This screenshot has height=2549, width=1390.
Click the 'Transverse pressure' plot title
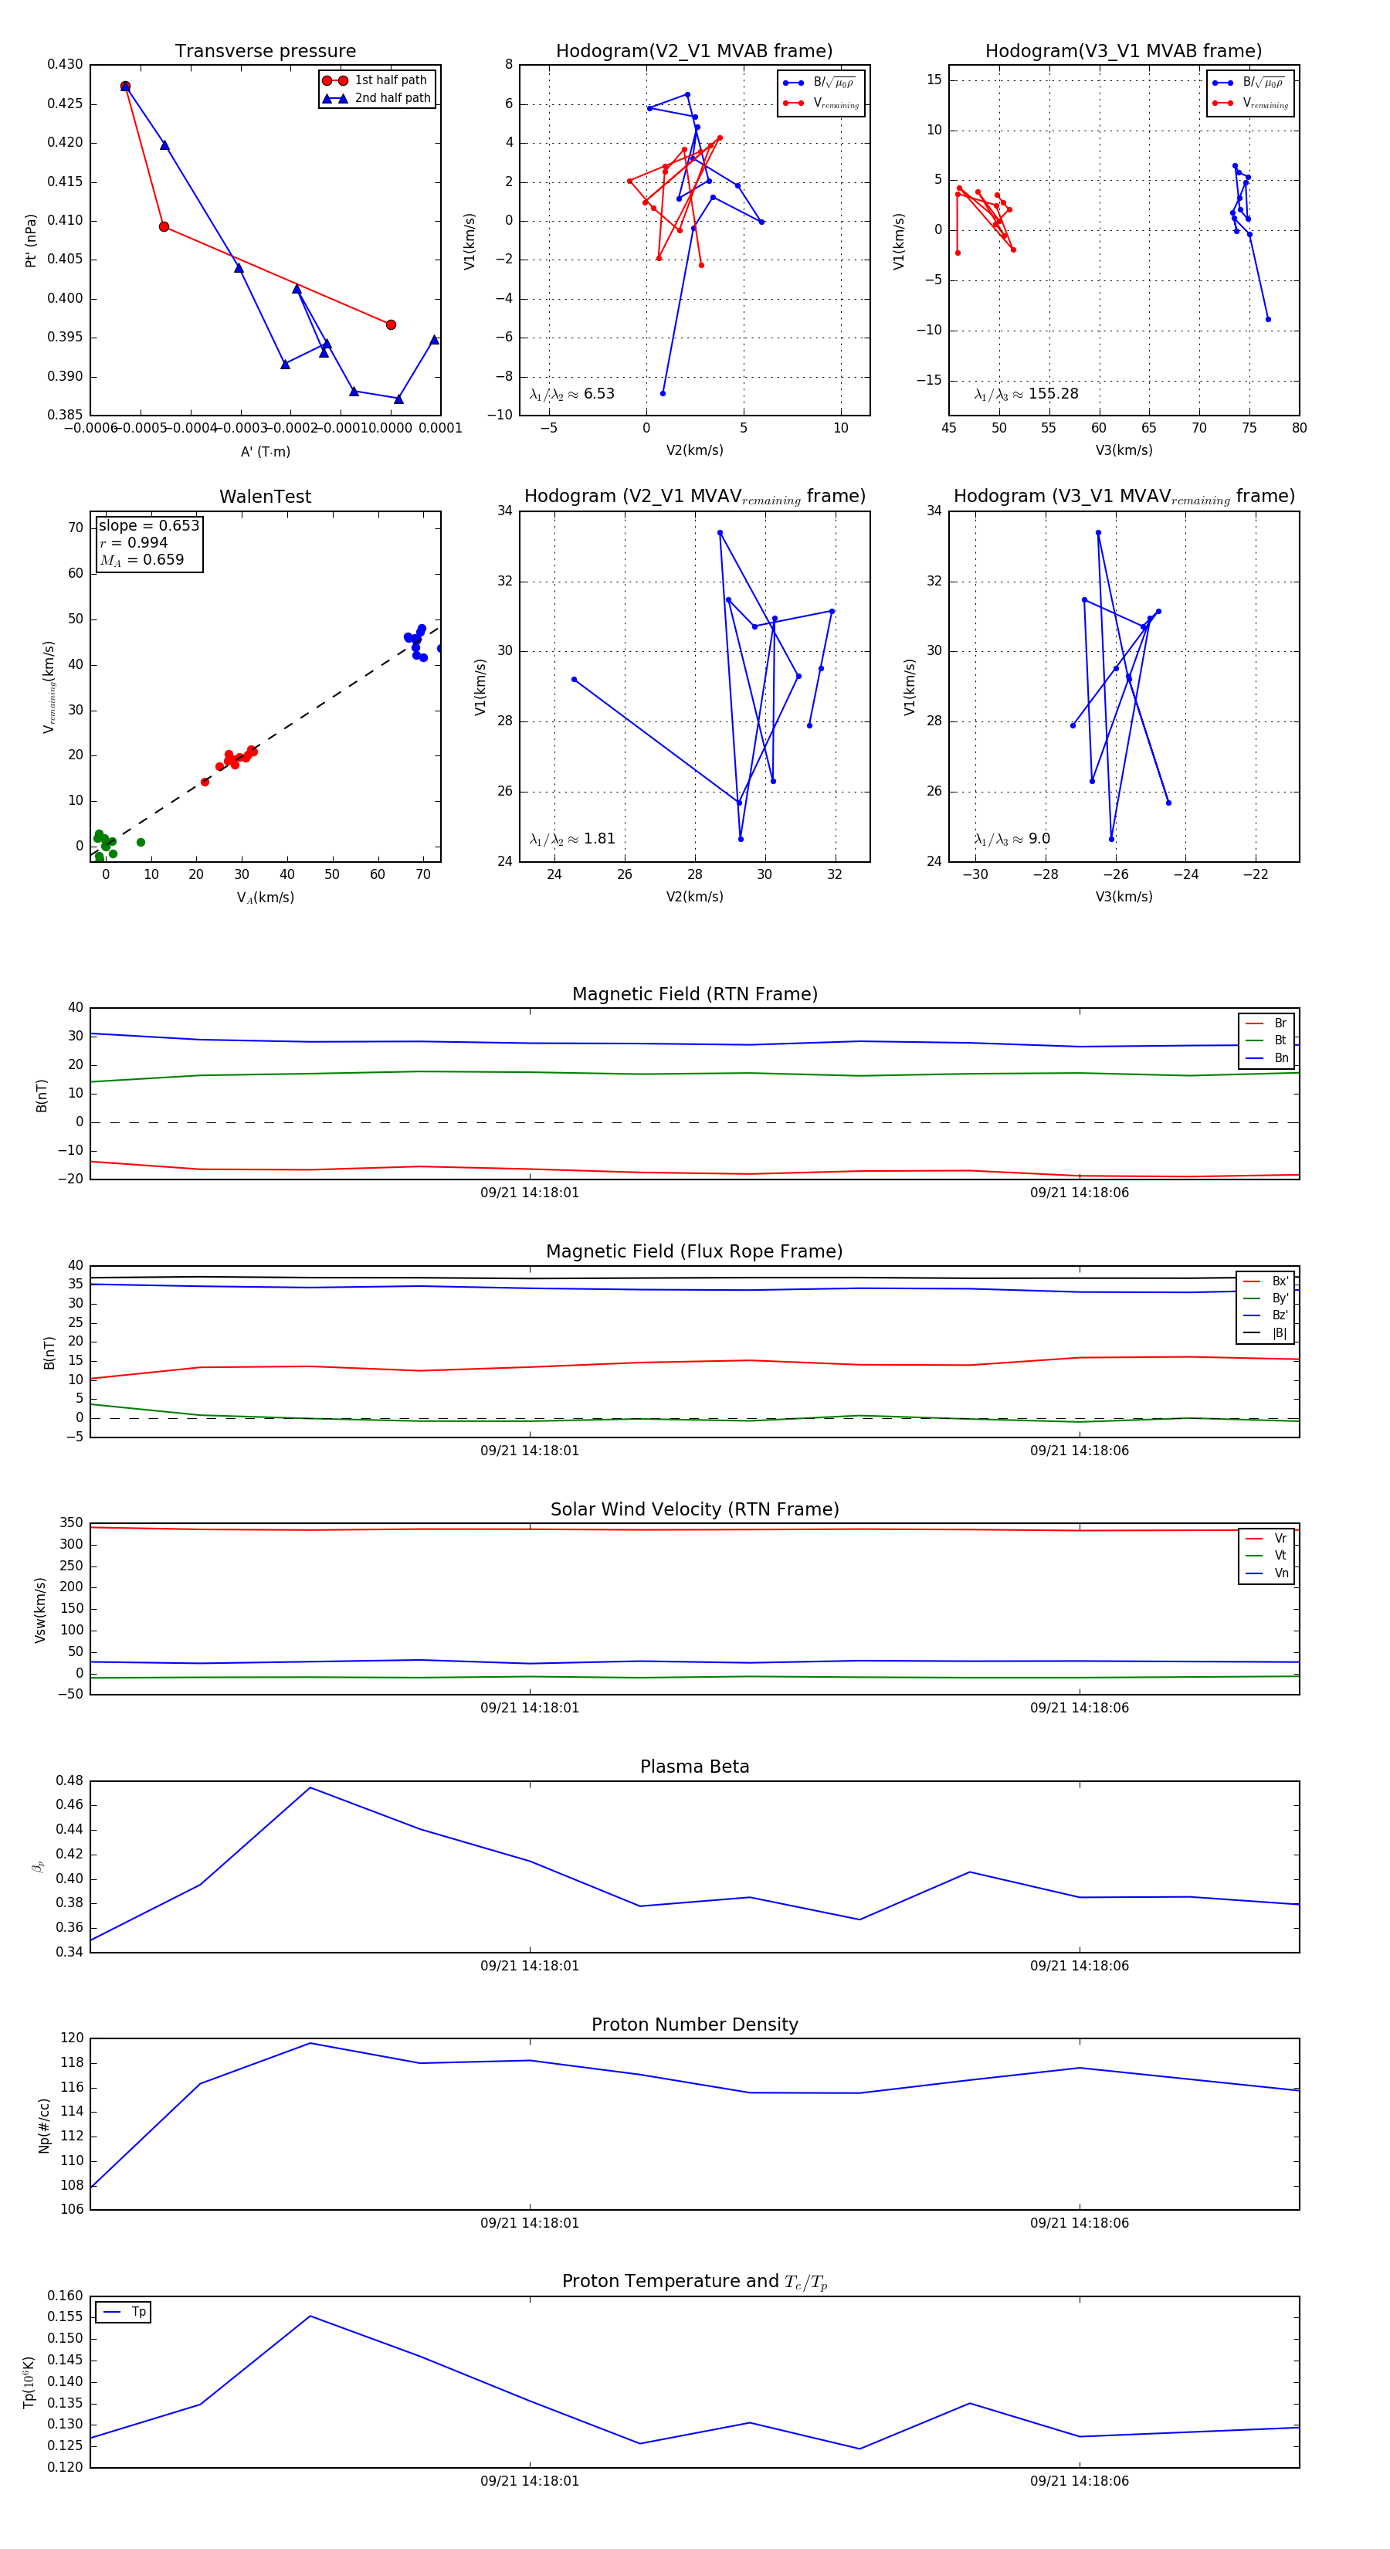click(x=265, y=52)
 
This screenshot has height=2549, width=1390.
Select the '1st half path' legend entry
click(x=390, y=80)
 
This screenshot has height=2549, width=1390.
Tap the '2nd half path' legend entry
click(x=392, y=98)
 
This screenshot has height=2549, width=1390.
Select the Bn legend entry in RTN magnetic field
click(x=1280, y=1057)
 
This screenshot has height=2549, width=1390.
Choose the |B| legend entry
click(x=1278, y=1333)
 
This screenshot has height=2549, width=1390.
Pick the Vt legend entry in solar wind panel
click(x=1280, y=1556)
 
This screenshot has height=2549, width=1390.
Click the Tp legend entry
click(x=137, y=2313)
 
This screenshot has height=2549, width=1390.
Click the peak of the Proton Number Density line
click(x=310, y=2043)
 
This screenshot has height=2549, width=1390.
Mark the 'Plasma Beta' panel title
click(x=694, y=1767)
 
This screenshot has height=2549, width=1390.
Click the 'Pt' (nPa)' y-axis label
click(x=32, y=240)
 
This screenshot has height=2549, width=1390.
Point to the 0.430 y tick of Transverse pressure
click(x=66, y=64)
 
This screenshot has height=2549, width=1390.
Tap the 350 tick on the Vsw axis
click(x=71, y=1523)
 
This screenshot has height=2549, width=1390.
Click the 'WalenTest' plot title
click(x=265, y=497)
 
